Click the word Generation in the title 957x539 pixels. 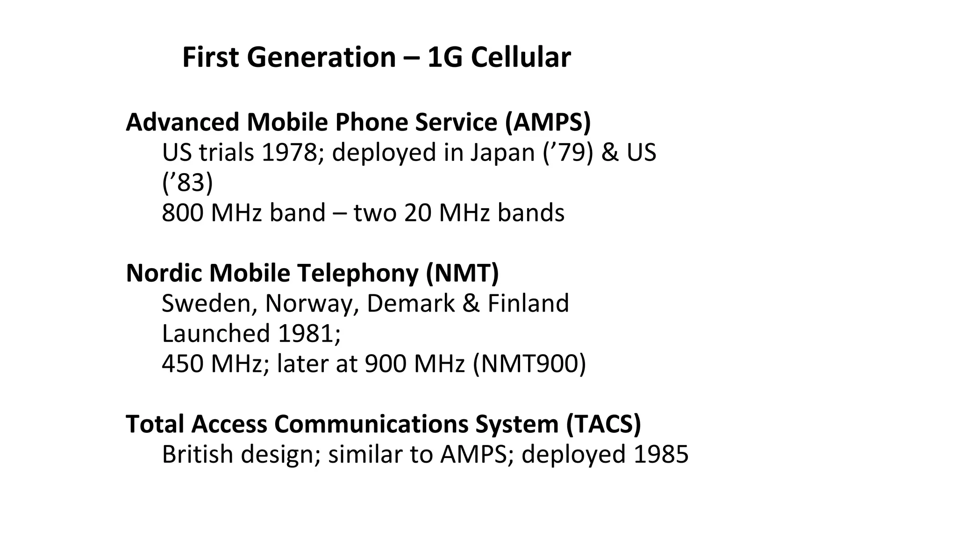[x=321, y=58]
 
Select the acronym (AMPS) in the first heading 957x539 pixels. [x=548, y=122]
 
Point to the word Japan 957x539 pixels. [x=502, y=153]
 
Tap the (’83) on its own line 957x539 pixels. [x=187, y=182]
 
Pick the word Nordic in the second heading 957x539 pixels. [x=164, y=273]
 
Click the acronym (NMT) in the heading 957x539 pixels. [x=462, y=273]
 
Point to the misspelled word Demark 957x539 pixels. [x=410, y=304]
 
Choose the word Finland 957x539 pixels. [x=528, y=304]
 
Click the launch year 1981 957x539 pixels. [x=306, y=334]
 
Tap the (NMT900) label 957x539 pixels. [x=529, y=364]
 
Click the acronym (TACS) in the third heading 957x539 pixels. [x=603, y=424]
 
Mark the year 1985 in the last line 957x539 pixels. [x=660, y=454]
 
